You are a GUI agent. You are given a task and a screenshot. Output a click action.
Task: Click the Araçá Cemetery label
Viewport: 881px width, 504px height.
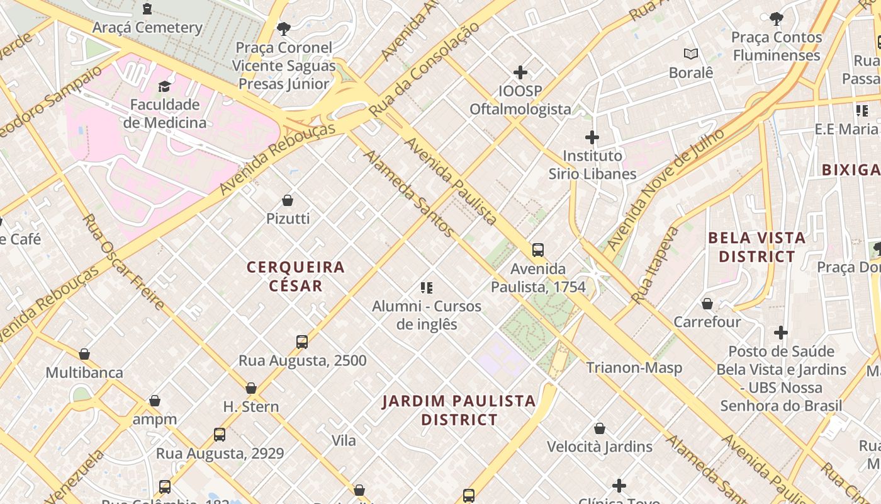click(x=147, y=28)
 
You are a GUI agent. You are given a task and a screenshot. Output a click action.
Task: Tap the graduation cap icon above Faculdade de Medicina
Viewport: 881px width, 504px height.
click(x=164, y=86)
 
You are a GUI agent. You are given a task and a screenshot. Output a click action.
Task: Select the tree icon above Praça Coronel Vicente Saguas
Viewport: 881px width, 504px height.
click(x=284, y=28)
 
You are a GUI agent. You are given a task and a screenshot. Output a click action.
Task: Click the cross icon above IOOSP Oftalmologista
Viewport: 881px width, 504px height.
click(x=520, y=72)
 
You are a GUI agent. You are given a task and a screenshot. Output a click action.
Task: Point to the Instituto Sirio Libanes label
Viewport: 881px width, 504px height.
click(x=592, y=164)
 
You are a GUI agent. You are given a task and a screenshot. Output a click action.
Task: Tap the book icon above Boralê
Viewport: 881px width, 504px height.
click(x=691, y=54)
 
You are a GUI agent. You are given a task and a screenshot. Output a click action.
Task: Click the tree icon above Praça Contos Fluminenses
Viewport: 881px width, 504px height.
click(x=777, y=19)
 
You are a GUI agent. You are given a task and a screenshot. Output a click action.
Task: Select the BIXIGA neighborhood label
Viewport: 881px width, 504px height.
click(x=851, y=169)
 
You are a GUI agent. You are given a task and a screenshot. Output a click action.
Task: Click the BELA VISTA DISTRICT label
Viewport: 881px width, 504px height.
click(x=756, y=247)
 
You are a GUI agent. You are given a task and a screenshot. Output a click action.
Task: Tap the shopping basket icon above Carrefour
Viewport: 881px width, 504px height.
click(x=707, y=304)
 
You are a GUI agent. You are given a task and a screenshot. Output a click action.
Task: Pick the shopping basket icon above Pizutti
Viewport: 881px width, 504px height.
click(x=288, y=200)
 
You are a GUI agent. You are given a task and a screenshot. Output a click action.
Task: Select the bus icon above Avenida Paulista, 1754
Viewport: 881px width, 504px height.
click(x=538, y=250)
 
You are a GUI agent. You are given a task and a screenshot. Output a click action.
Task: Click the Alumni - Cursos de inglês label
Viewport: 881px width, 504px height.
click(x=427, y=315)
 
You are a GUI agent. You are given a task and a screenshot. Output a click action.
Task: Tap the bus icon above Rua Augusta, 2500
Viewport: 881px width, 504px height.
click(x=302, y=342)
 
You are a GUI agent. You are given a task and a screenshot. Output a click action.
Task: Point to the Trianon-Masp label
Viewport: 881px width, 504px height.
click(x=634, y=367)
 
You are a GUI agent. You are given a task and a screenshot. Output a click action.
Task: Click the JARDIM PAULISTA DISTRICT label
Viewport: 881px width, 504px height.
click(x=459, y=410)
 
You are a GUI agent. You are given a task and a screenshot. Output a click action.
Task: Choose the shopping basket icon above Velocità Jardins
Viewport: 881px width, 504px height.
click(x=600, y=428)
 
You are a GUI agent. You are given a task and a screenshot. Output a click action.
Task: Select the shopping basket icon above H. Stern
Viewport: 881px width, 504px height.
click(x=251, y=388)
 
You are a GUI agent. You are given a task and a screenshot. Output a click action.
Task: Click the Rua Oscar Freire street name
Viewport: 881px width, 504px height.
click(x=124, y=262)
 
